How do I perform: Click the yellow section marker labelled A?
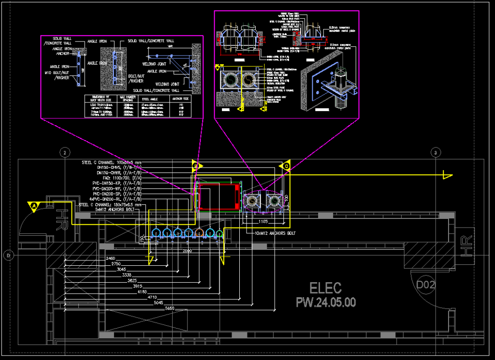[x=34, y=206]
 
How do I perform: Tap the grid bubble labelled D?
[x=8, y=254]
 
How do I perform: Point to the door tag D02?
[x=425, y=285]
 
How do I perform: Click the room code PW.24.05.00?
[x=326, y=302]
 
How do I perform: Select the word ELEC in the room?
[x=326, y=288]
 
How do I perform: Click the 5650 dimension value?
[x=170, y=308]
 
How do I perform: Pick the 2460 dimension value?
[x=110, y=259]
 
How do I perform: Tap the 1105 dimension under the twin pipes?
[x=263, y=221]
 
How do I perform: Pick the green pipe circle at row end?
[x=220, y=233]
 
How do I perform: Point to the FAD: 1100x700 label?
[x=121, y=178]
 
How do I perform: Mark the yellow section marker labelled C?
[x=286, y=166]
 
